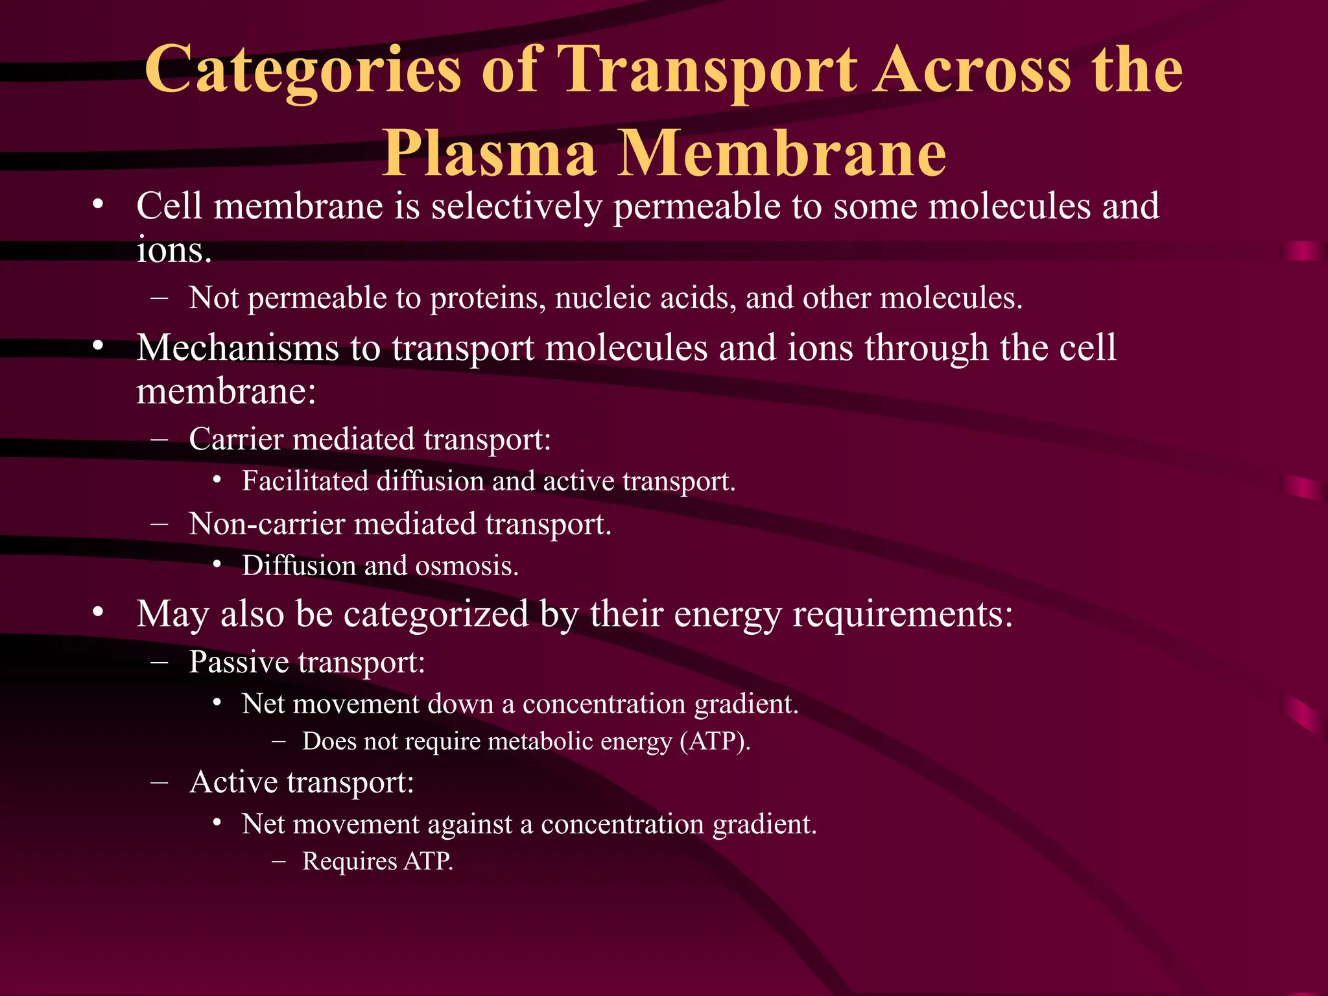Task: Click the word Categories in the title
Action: (302, 70)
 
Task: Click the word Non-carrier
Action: (266, 524)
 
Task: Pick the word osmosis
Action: (466, 566)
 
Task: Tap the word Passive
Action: (239, 662)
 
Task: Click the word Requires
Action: (350, 861)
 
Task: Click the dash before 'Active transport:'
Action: (159, 782)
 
